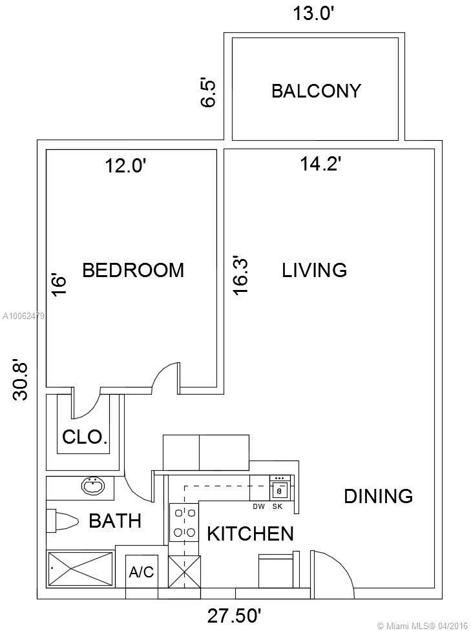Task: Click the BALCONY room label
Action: (x=316, y=91)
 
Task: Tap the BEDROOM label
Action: (x=133, y=270)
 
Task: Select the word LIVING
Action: (x=315, y=270)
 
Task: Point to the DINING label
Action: (x=379, y=496)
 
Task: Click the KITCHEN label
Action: (x=251, y=534)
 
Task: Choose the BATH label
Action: (x=115, y=521)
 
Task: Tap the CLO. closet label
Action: (x=85, y=437)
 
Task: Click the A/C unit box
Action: (x=141, y=572)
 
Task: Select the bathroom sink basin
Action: (x=93, y=486)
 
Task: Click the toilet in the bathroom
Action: (x=62, y=521)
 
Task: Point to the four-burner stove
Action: (x=184, y=523)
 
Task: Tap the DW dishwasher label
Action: (x=259, y=506)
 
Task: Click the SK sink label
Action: (x=277, y=506)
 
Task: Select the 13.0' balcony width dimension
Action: (x=314, y=14)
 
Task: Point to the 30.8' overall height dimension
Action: (x=21, y=380)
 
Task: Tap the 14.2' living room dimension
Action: (x=321, y=164)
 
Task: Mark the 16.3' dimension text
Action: (x=241, y=276)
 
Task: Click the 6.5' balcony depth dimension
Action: (x=209, y=94)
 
